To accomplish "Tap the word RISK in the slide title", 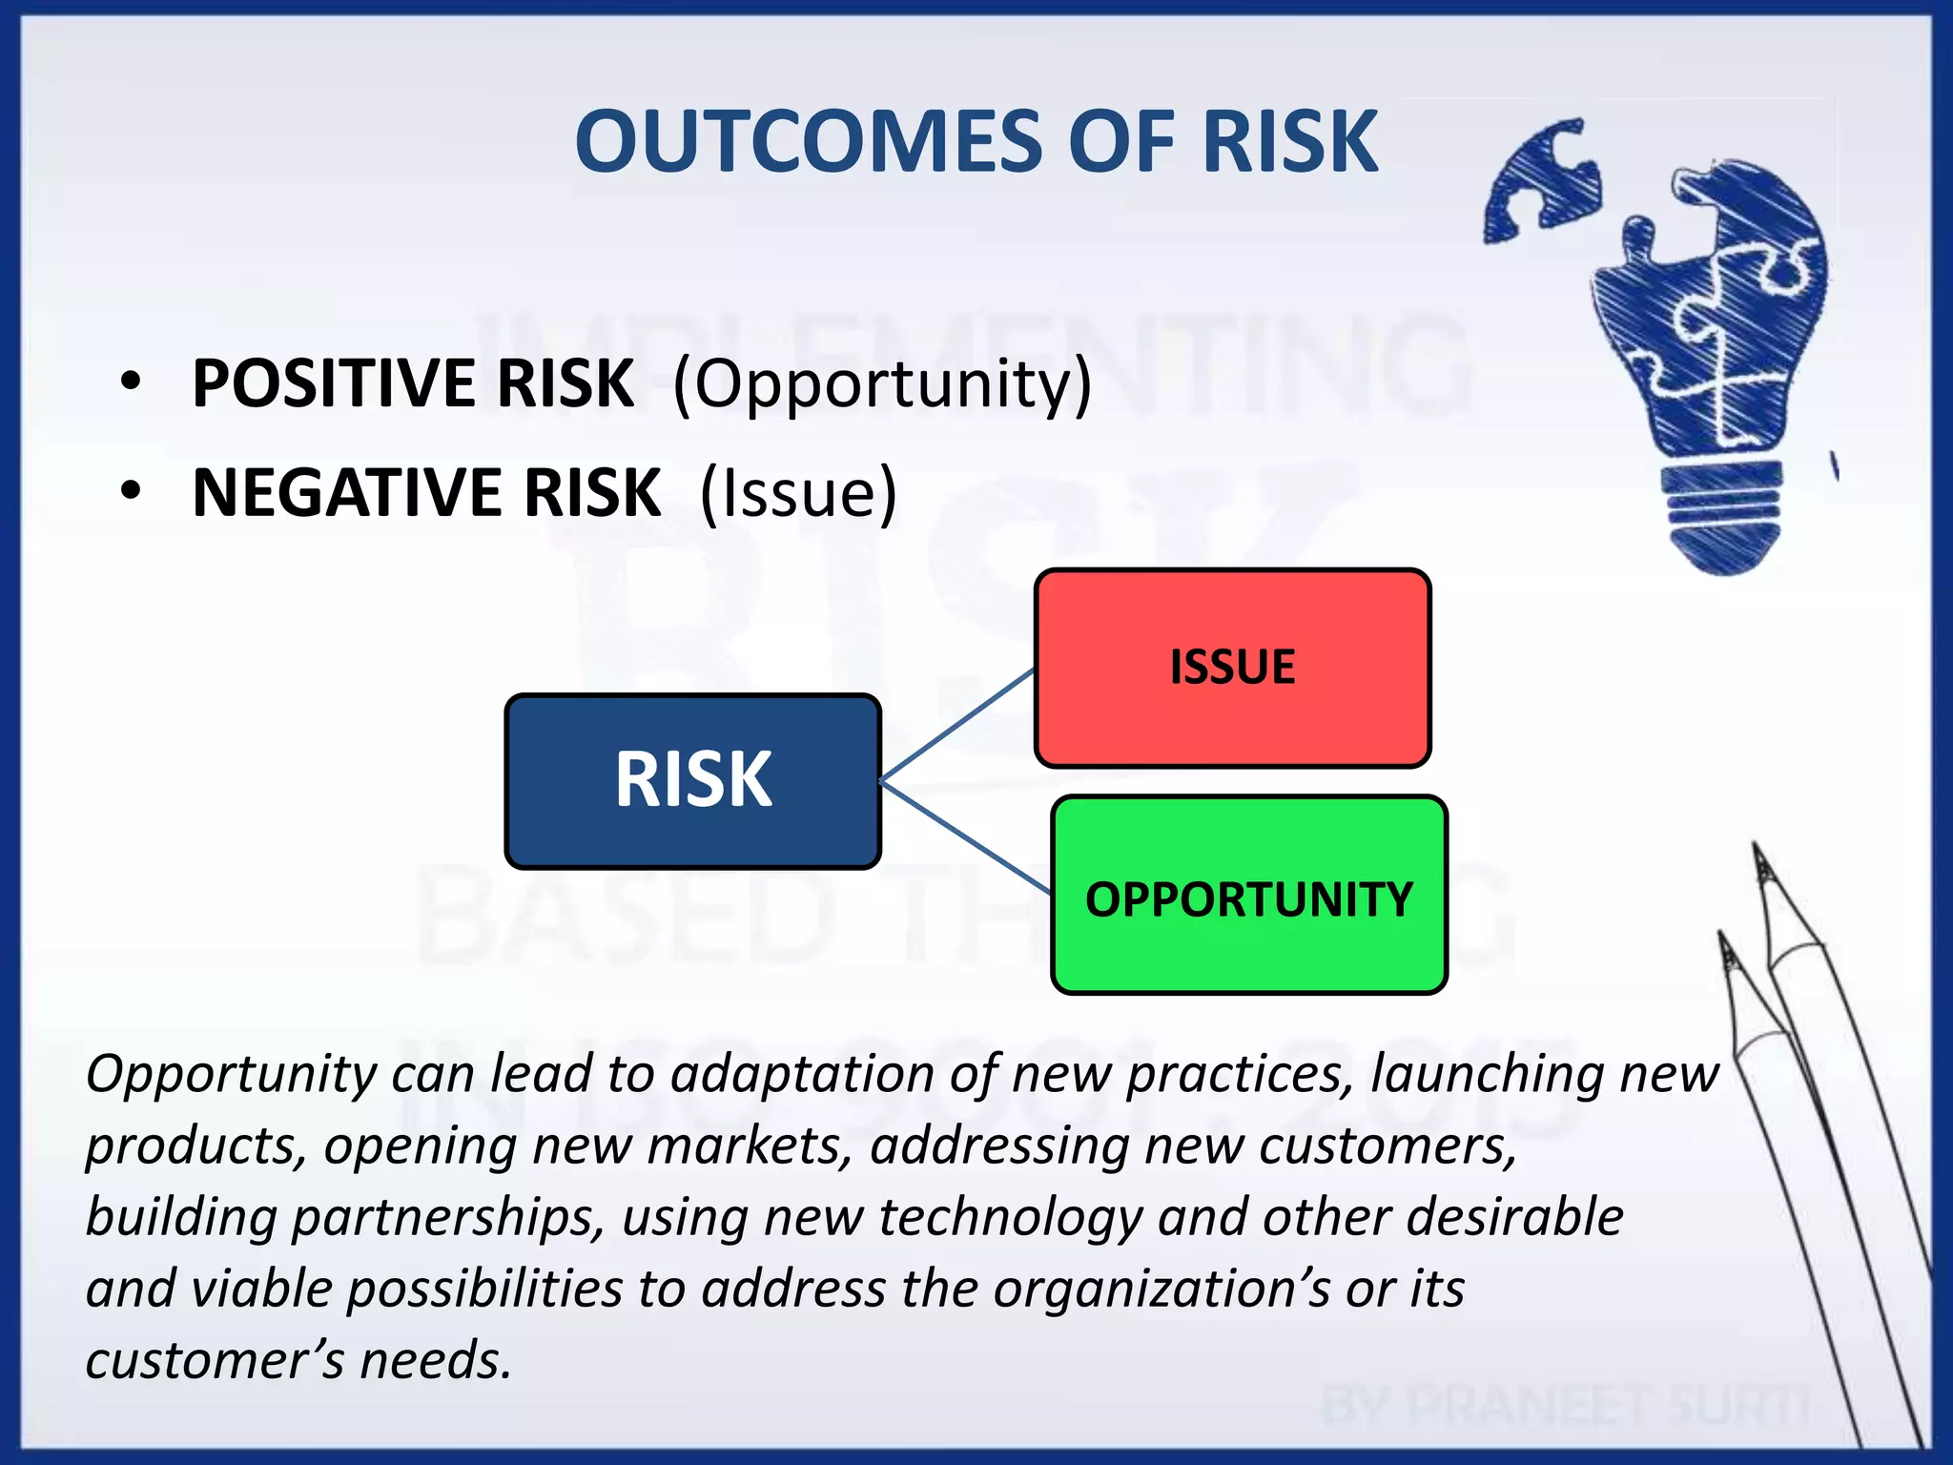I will [1289, 141].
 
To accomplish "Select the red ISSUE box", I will [1232, 668].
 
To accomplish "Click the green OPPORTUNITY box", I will [1249, 897].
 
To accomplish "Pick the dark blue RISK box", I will [693, 780].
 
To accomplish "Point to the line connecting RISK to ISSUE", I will [957, 725].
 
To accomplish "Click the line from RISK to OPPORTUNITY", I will [963, 836].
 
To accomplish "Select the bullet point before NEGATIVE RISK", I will [131, 492].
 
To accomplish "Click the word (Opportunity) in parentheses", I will [882, 383].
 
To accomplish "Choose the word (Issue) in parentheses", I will [798, 493].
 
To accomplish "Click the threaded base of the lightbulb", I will [1724, 515].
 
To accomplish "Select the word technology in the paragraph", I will [1009, 1218].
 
